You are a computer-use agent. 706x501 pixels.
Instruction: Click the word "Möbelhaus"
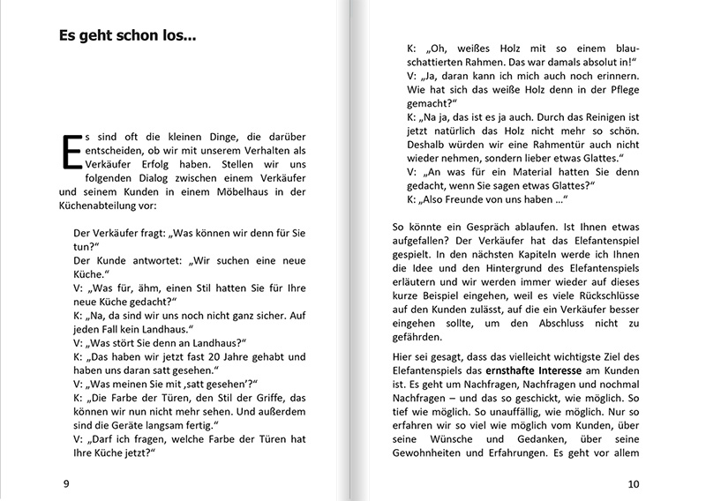point(236,191)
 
